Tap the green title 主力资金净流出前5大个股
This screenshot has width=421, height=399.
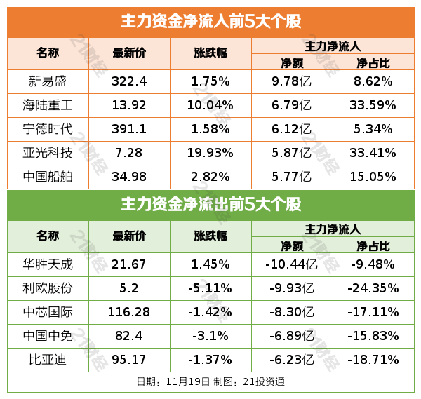(x=210, y=205)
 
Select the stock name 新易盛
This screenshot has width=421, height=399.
(x=48, y=81)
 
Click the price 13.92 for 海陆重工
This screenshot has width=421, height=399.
(x=129, y=106)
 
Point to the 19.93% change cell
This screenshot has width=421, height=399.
(x=210, y=154)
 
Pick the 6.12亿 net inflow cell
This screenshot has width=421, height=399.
(x=292, y=130)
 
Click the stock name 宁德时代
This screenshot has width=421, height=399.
(x=48, y=130)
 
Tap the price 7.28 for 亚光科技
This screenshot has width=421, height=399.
(x=129, y=154)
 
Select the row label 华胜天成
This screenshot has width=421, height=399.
(x=48, y=264)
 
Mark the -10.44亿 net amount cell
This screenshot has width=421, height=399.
(x=292, y=264)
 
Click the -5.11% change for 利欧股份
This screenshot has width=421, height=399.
(x=210, y=288)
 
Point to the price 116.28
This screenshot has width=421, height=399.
(x=129, y=312)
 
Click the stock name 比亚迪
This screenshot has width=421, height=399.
(x=48, y=360)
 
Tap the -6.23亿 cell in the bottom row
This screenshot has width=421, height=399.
(x=292, y=360)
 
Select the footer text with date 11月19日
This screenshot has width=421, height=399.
(x=210, y=382)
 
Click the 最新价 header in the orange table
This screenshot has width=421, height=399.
(x=129, y=53)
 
